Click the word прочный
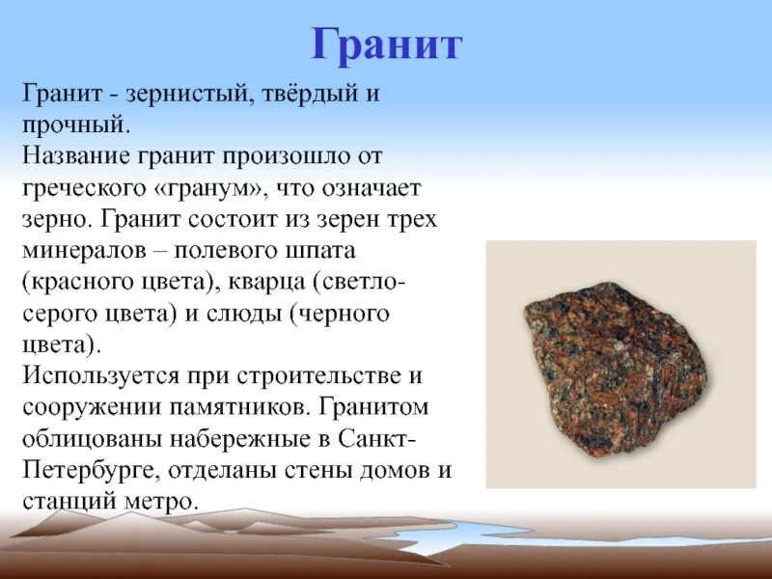point(74,125)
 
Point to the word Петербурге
point(91,470)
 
